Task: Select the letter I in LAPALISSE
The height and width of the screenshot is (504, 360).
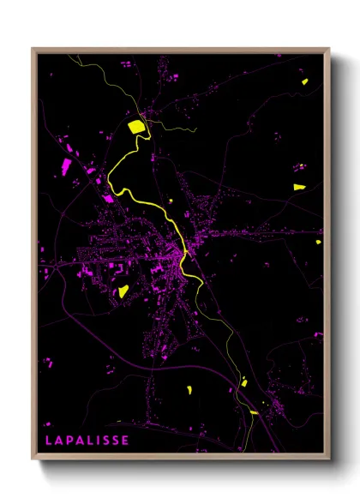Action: (97, 441)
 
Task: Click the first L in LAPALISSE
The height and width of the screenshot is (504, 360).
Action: (49, 441)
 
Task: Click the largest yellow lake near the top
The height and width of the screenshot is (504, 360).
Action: (135, 127)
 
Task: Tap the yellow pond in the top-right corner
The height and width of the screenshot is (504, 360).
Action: (304, 82)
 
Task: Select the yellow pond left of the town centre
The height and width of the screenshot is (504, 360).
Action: (123, 291)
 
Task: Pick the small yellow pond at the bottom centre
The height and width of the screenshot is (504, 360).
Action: (189, 391)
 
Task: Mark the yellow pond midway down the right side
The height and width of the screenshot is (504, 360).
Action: (299, 186)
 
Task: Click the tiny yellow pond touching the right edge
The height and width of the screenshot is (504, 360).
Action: (318, 242)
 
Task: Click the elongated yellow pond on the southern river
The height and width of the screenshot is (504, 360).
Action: (253, 412)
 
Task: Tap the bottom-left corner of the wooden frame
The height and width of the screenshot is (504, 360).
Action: (33, 460)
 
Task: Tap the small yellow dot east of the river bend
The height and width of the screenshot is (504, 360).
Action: (171, 201)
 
